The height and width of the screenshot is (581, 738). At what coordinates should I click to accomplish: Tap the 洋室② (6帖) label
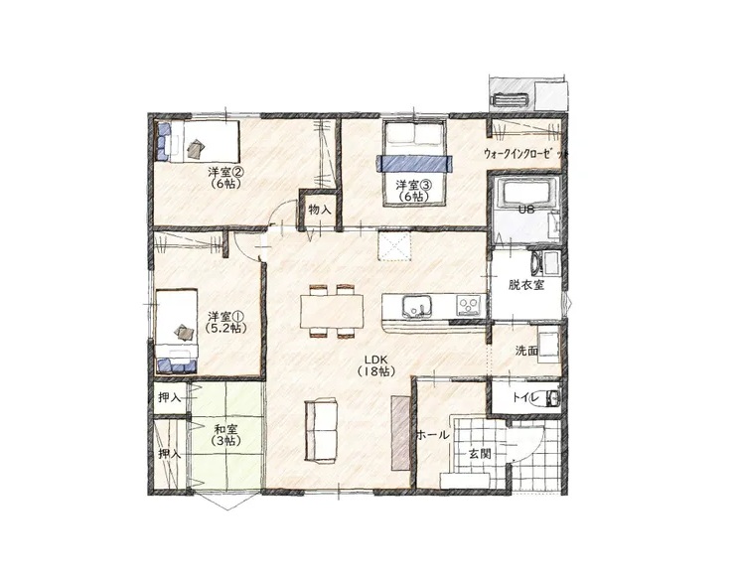coord(225,178)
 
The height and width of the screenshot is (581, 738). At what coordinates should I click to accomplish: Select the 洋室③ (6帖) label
coord(413,191)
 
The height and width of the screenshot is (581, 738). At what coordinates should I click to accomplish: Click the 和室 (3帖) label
coord(225,435)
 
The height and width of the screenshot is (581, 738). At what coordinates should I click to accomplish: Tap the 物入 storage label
coord(320,211)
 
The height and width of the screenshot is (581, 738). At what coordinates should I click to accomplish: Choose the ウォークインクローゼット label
coord(525,154)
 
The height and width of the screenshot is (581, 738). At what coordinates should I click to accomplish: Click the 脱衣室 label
coord(526,285)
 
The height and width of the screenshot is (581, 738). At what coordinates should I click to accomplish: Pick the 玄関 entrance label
coord(480,454)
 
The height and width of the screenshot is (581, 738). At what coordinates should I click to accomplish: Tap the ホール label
coord(433,435)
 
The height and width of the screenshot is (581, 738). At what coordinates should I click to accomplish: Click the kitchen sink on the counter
coord(416,306)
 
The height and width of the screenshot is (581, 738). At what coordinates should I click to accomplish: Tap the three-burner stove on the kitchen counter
coord(469,305)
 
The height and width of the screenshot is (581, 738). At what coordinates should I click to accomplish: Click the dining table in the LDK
coord(333,311)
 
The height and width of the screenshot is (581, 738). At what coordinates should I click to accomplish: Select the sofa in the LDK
coord(322,429)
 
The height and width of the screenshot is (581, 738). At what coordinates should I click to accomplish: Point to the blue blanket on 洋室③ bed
coord(414,163)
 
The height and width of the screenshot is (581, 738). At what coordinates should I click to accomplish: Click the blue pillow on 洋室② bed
coord(162,141)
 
